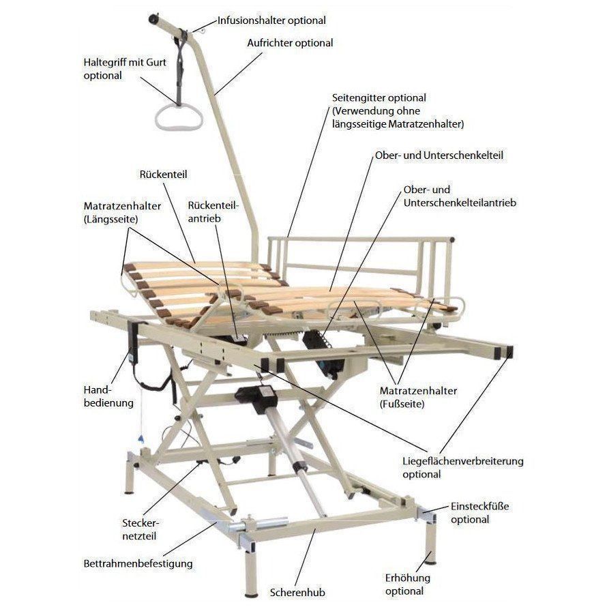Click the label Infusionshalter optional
271,20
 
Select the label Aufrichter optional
290,42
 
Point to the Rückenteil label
163,174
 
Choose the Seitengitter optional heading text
379,98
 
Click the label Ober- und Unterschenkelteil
439,156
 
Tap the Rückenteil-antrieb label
213,211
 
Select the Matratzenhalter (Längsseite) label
122,212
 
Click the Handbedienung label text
108,396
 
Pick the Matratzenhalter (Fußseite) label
418,397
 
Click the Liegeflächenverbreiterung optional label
463,468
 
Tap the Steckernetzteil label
140,529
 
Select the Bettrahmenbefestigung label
138,563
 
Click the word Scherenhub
297,593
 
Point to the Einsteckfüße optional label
479,513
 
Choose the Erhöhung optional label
408,584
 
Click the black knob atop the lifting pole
153,18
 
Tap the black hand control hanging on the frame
134,342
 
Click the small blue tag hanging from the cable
141,439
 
